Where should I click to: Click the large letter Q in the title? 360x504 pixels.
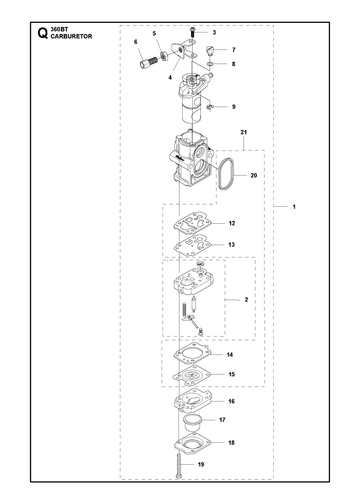coord(42,33)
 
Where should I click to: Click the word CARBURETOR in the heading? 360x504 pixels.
coord(71,36)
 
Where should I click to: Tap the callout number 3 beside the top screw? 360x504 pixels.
coord(214,32)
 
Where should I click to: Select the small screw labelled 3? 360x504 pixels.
coord(192,32)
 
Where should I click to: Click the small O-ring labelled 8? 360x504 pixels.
coord(210,63)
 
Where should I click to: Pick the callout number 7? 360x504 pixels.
coord(234,50)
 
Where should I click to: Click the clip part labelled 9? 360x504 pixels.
coord(210,106)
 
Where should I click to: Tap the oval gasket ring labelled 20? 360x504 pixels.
coord(226,175)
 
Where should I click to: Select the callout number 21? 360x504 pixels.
coord(244,132)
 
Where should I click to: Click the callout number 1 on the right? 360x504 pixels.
coord(294,207)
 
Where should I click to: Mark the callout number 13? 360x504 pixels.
coord(232,245)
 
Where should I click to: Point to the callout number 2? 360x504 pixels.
coord(246,300)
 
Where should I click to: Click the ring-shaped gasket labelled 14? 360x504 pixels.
coord(192,354)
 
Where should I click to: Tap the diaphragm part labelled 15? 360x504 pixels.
coord(192,375)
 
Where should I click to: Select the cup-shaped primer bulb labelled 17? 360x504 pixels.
coord(192,423)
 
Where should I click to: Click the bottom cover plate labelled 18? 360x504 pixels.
coord(193,444)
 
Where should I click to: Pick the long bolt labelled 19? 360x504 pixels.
coord(179,466)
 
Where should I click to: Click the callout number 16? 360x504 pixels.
coord(232,401)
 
